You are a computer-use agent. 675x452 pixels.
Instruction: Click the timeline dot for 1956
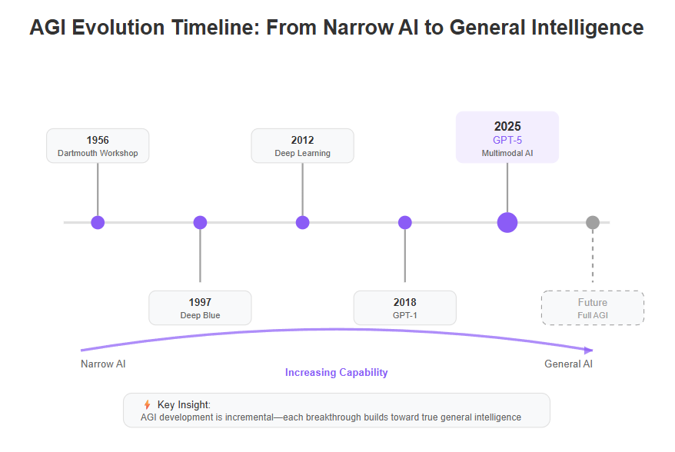(98, 223)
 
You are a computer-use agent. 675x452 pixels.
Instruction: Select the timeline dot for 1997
(200, 223)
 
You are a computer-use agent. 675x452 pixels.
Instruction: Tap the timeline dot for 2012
(303, 223)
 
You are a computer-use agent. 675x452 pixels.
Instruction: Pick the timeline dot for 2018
(405, 223)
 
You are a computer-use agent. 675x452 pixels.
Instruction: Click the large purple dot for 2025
(507, 223)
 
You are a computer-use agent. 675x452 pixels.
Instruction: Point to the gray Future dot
(593, 223)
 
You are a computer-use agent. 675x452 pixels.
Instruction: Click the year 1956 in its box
(98, 141)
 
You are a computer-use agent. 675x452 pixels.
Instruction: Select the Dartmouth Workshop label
(98, 153)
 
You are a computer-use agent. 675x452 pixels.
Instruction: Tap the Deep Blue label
(200, 315)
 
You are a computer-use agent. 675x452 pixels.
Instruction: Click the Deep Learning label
(303, 153)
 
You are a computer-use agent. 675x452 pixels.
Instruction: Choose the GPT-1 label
(405, 315)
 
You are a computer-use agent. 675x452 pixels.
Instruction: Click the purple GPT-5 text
(507, 141)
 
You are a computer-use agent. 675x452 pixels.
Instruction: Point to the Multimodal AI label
(507, 153)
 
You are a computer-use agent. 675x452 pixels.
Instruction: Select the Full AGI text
(593, 315)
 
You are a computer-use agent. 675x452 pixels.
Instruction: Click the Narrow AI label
(103, 364)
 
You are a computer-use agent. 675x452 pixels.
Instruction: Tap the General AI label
(568, 364)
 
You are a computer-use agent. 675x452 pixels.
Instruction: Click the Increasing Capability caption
(336, 373)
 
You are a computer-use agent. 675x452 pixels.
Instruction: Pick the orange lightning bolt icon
(148, 404)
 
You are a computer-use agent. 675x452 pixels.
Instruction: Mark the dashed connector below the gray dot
(593, 256)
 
